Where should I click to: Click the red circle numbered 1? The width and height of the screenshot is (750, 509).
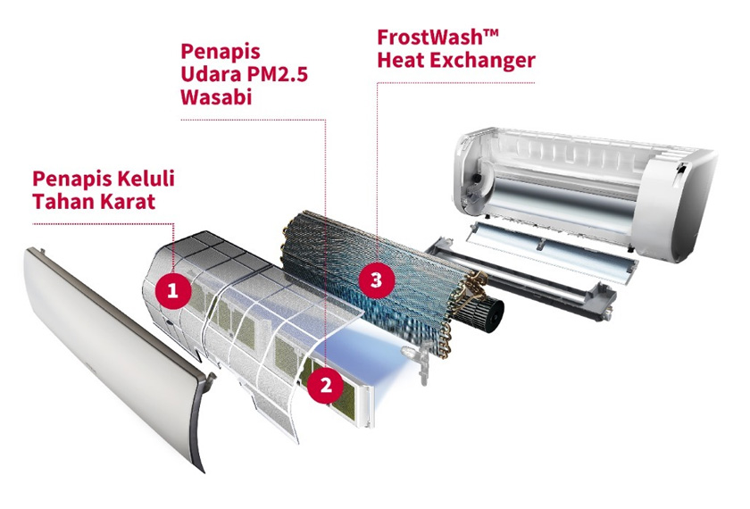point(172,290)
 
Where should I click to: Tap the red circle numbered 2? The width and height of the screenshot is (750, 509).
point(326,386)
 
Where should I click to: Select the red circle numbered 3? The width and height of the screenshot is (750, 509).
point(377,279)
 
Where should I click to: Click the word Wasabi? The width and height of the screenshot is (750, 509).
point(217,97)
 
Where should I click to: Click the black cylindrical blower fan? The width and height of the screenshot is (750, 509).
point(479,307)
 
